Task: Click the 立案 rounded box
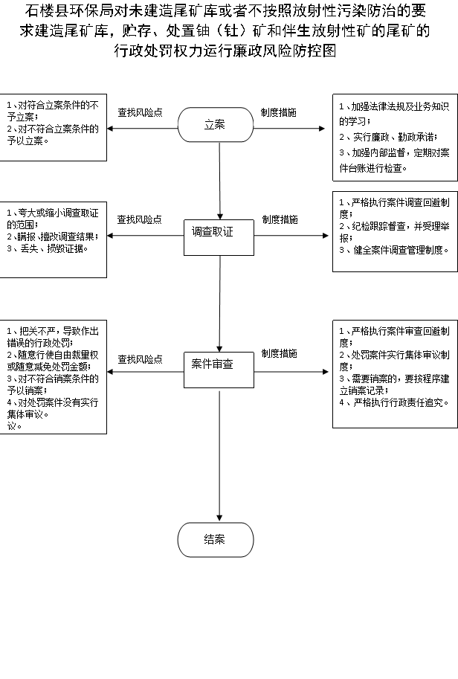tap(216, 125)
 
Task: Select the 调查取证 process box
tap(219, 238)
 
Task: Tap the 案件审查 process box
tap(219, 370)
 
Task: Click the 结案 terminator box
tap(216, 540)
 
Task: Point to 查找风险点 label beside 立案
tap(141, 112)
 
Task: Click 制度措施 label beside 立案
tap(279, 112)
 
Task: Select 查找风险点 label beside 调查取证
tap(139, 219)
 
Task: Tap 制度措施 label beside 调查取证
tap(280, 219)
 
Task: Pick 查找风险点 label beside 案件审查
tap(141, 359)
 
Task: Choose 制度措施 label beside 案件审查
tap(280, 354)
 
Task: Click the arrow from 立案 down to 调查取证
tap(220, 181)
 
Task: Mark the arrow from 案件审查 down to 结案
tap(219, 456)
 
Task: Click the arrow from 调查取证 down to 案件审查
tap(219, 304)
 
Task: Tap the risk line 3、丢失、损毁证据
tap(48, 248)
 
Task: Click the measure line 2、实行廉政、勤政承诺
tap(388, 138)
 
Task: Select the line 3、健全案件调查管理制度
tap(394, 250)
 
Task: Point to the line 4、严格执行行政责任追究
tap(394, 402)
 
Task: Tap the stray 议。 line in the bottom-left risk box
tap(15, 425)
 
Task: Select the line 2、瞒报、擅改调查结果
tap(53, 236)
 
